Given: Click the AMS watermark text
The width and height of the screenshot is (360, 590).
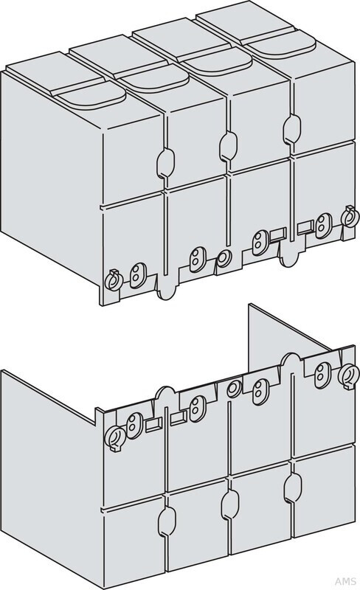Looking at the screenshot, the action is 345,581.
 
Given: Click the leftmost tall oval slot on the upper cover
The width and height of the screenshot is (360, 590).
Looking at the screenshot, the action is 165,162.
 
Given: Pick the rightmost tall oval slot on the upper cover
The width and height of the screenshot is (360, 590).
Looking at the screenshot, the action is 291,128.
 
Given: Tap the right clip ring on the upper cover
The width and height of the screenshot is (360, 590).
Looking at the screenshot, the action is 348,217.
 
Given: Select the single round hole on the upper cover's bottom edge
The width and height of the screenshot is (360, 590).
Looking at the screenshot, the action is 224,258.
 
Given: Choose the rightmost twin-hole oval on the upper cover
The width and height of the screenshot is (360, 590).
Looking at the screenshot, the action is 323,226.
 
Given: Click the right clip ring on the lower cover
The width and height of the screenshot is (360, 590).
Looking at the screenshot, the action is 347,376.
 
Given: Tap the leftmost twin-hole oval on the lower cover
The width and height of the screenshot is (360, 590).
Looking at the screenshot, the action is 134,426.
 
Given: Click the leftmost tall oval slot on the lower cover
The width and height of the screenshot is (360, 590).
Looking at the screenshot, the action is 167,521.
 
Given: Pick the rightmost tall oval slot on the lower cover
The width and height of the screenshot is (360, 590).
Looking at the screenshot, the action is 292,487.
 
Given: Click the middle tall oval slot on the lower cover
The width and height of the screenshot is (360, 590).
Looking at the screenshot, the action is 230,504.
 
